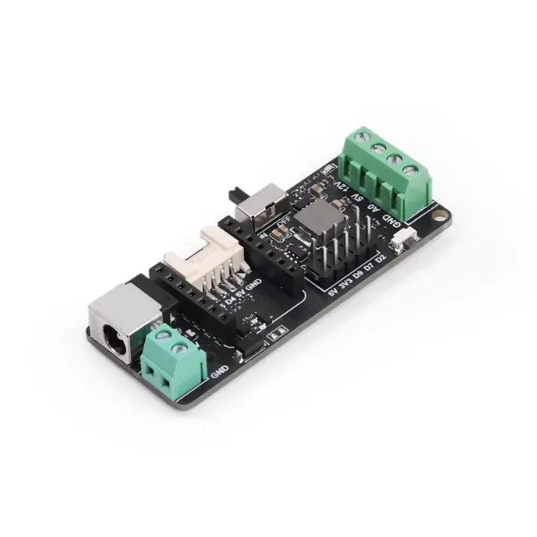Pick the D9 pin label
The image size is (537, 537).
357,275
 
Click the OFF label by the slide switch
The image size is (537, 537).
281,224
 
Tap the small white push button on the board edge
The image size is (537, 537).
401,244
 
